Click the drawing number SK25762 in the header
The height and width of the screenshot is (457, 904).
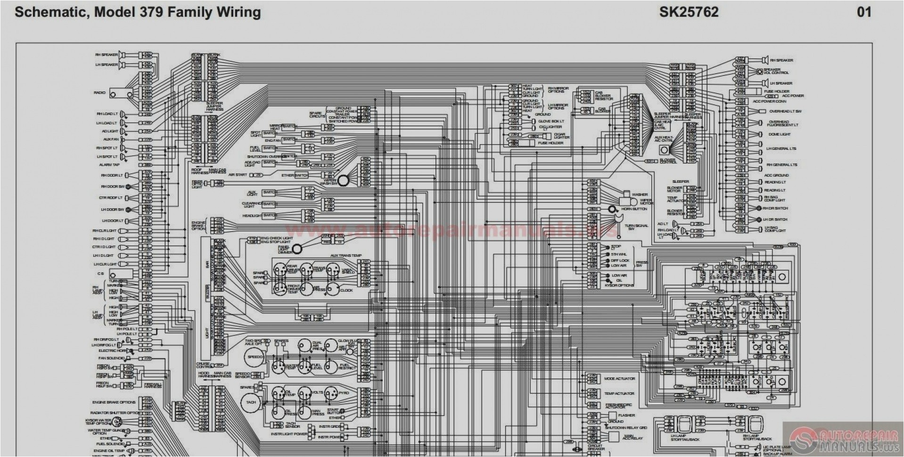[x=689, y=12]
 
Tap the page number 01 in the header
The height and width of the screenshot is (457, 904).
[x=864, y=12]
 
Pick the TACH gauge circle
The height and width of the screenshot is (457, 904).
[x=251, y=402]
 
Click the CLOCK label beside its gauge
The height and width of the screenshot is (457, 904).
[x=346, y=290]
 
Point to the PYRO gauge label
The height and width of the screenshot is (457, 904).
[x=344, y=392]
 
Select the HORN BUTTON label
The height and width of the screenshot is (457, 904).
[x=634, y=209]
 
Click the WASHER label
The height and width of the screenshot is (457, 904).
[x=640, y=194]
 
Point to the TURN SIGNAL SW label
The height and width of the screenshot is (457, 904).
[x=636, y=227]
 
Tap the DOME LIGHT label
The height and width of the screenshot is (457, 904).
[x=779, y=134]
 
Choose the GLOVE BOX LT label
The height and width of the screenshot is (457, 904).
[x=551, y=121]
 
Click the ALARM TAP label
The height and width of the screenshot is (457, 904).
[x=109, y=165]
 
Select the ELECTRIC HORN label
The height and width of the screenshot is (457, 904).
[x=111, y=351]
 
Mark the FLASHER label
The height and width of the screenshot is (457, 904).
[x=626, y=415]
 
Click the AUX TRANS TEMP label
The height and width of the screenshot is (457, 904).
[x=346, y=255]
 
